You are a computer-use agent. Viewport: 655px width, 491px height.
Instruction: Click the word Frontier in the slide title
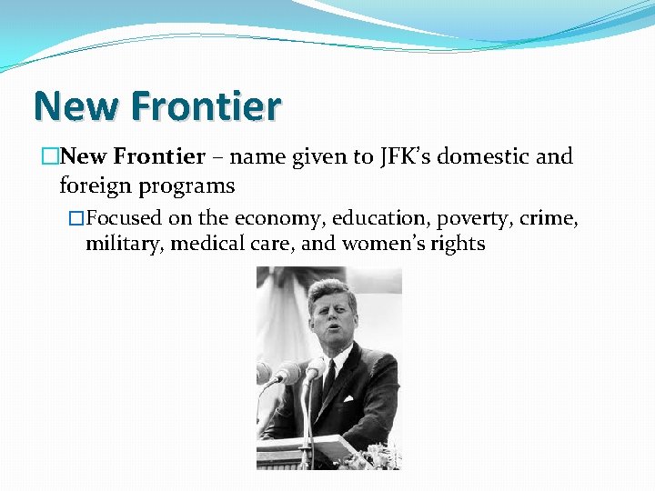pos(207,107)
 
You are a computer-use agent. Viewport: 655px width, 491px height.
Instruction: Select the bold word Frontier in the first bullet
pos(160,156)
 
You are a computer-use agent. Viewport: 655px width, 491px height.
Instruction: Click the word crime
pos(551,218)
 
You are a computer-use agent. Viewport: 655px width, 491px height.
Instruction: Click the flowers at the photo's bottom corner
pos(380,456)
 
